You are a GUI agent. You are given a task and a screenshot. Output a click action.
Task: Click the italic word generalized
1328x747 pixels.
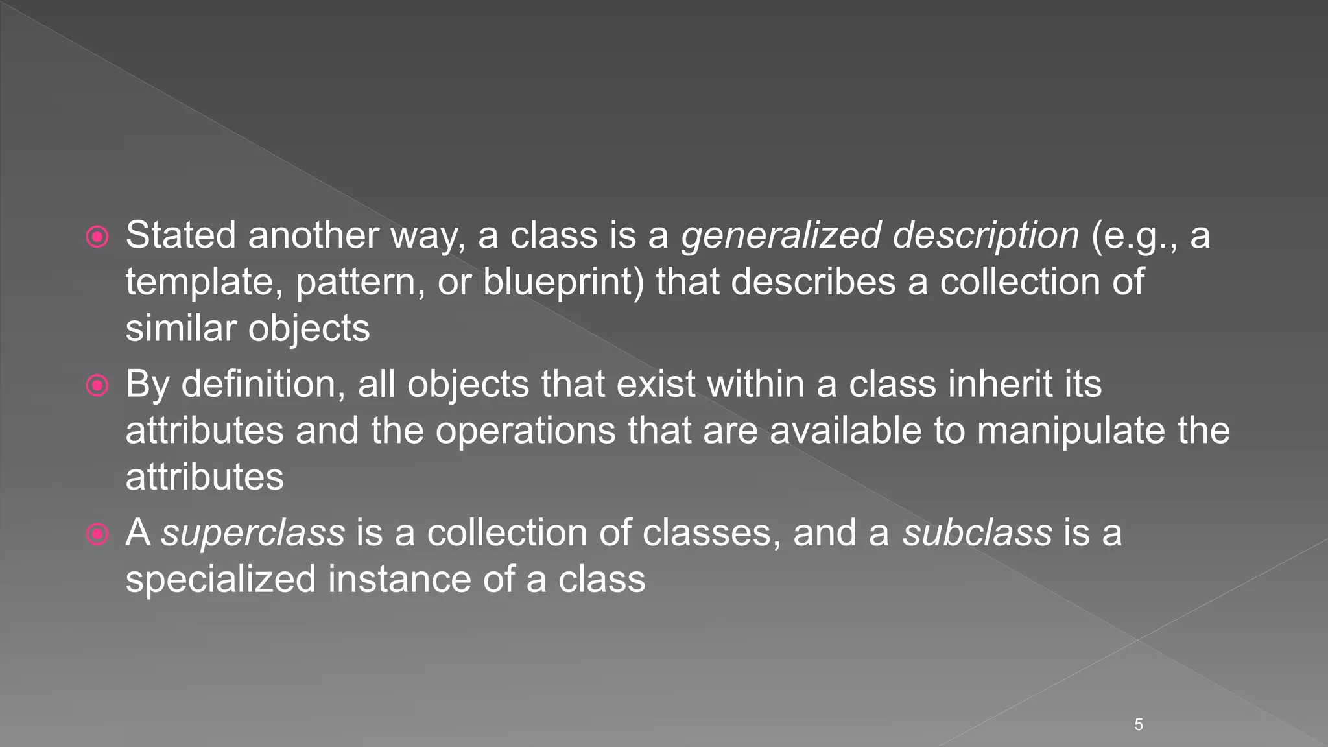tap(781, 235)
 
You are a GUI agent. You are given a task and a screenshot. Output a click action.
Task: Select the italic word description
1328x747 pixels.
tap(986, 235)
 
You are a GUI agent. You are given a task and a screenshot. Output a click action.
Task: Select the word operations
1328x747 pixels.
tap(525, 431)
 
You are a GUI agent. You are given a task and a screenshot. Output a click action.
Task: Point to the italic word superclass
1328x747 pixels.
tap(253, 533)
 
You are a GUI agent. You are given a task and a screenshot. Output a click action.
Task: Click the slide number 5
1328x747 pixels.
tap(1139, 725)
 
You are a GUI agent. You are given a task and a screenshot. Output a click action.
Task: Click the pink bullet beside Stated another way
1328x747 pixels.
tap(97, 237)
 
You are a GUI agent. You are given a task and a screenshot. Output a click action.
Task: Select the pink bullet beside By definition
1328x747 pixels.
tap(97, 386)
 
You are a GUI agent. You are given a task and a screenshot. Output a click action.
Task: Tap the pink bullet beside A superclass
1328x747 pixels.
tap(97, 535)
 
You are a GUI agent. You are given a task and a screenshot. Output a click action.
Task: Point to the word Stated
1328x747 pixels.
tap(181, 235)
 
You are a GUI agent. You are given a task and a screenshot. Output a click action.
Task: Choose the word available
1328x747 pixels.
tap(846, 431)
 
